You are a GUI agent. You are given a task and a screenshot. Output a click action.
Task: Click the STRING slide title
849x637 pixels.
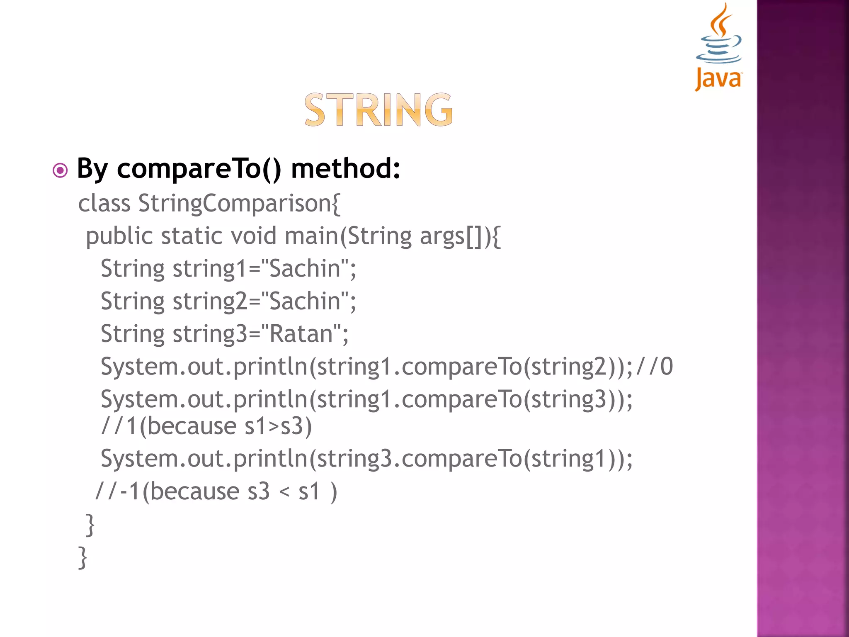[378, 109]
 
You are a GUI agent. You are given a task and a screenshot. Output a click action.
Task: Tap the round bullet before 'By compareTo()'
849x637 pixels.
[60, 170]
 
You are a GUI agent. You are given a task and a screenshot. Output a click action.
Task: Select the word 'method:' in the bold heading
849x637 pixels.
[346, 168]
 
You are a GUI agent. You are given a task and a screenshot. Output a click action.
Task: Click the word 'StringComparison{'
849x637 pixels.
[239, 204]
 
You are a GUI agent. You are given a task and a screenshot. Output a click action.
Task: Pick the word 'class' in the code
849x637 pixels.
[104, 204]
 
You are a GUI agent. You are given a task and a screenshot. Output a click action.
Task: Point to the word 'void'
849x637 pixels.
[253, 236]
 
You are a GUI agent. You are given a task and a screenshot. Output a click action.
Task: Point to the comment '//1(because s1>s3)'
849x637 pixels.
[206, 426]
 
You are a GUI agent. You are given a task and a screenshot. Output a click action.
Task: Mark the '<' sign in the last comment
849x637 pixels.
[284, 492]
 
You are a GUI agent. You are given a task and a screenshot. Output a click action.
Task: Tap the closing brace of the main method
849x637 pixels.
[90, 525]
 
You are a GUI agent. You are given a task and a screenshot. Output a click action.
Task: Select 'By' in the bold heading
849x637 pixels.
[92, 169]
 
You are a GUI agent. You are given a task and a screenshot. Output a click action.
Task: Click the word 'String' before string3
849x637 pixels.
[133, 333]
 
